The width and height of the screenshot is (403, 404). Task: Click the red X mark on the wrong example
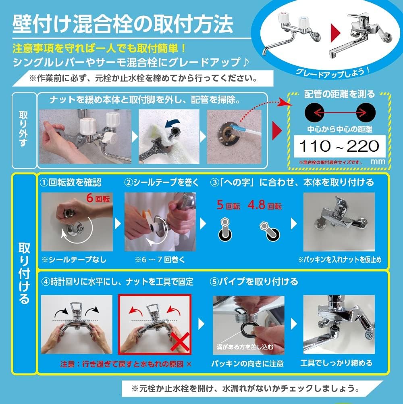click(x=180, y=342)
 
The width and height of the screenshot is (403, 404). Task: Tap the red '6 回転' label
click(x=98, y=199)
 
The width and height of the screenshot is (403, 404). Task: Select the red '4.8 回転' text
click(x=265, y=205)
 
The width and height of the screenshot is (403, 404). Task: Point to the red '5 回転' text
click(x=228, y=205)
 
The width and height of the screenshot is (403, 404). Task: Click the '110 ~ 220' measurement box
click(x=340, y=146)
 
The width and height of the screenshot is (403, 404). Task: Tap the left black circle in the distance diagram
click(x=314, y=113)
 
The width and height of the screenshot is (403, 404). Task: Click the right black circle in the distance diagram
click(x=366, y=113)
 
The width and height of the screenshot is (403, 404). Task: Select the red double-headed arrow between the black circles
click(x=340, y=113)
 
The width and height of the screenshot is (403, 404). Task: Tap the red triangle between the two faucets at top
click(x=336, y=33)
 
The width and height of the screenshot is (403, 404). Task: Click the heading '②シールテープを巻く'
click(x=162, y=182)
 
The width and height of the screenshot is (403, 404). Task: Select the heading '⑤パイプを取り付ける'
click(x=254, y=282)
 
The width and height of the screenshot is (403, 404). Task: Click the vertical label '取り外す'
click(x=23, y=129)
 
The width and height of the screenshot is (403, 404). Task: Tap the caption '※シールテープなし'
click(x=74, y=260)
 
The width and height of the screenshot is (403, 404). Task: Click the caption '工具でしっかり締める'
click(x=337, y=363)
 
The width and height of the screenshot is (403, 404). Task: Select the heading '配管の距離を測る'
click(x=339, y=94)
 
